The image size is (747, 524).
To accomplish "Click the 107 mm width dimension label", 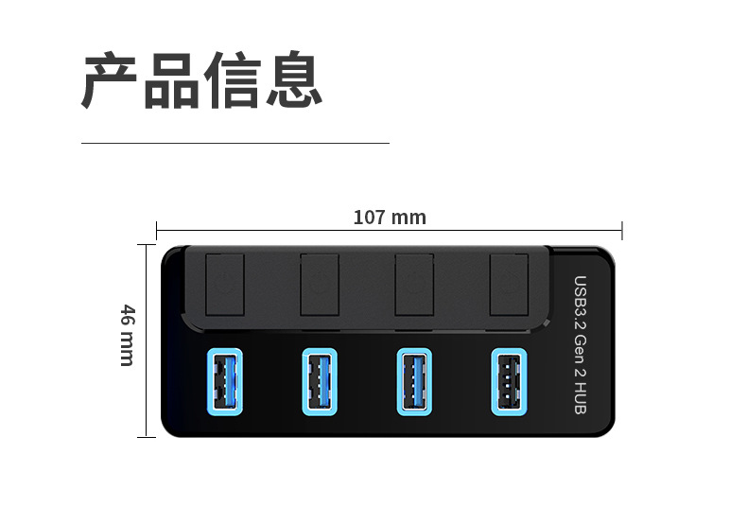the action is [390, 218].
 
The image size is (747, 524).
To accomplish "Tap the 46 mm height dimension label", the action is [128, 336].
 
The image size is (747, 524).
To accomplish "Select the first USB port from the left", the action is [225, 382].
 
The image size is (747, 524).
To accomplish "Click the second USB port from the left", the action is [320, 382].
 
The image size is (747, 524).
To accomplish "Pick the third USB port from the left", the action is [414, 382].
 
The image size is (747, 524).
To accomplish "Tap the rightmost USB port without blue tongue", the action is [509, 382].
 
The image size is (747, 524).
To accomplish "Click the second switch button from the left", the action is [320, 285].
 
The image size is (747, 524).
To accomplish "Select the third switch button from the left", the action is [414, 285].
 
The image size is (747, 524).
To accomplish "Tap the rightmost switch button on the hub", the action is [509, 285].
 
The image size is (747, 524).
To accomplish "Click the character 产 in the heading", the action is [110, 80].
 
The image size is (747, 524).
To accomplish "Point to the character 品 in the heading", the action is [171, 81].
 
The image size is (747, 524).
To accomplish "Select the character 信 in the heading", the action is [233, 80].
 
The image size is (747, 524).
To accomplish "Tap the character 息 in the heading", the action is [294, 79].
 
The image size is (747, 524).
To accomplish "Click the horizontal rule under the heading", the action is [235, 143].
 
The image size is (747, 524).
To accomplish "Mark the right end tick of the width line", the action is [622, 231].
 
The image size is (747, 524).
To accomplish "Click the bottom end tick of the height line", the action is [147, 436].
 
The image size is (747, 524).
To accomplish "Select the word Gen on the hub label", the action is [581, 349].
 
